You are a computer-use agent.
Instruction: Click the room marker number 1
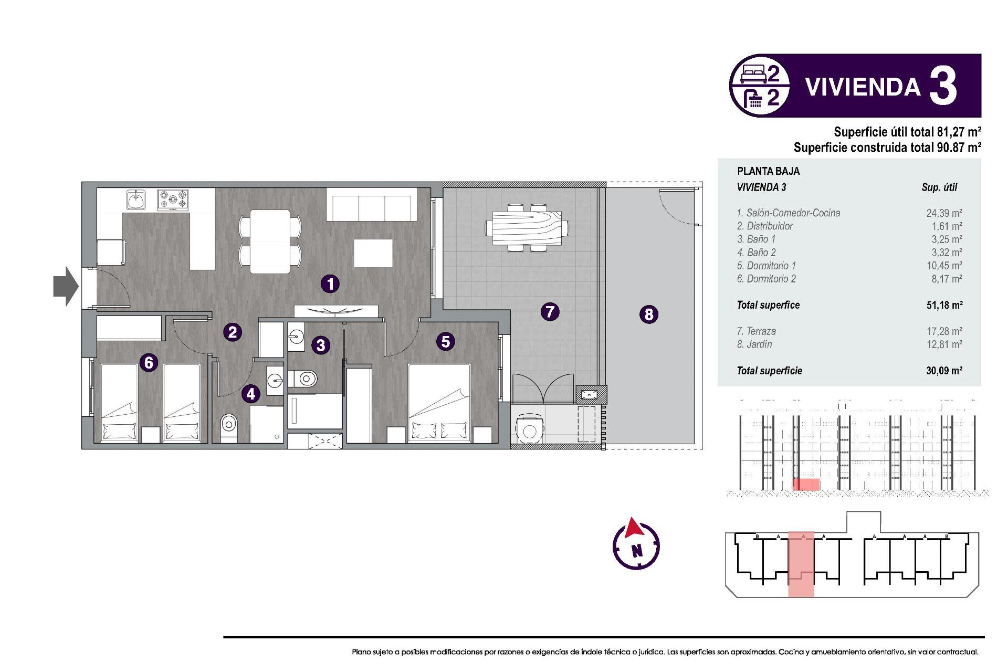pyautogui.click(x=330, y=284)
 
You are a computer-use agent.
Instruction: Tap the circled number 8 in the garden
pyautogui.click(x=649, y=314)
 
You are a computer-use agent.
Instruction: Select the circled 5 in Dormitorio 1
pyautogui.click(x=446, y=342)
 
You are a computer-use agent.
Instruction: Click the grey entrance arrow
pyautogui.click(x=66, y=286)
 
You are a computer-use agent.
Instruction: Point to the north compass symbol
pyautogui.click(x=636, y=545)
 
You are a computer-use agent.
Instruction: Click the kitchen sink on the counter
pyautogui.click(x=136, y=200)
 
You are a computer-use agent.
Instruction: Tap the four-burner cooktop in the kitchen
pyautogui.click(x=173, y=200)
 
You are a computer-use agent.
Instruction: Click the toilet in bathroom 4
pyautogui.click(x=228, y=424)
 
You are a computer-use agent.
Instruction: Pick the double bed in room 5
pyautogui.click(x=439, y=402)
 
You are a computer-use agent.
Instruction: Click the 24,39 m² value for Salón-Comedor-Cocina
pyautogui.click(x=943, y=213)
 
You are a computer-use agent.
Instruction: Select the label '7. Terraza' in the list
pyautogui.click(x=756, y=331)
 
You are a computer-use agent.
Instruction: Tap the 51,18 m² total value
pyautogui.click(x=943, y=305)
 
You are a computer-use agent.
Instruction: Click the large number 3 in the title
pyautogui.click(x=943, y=87)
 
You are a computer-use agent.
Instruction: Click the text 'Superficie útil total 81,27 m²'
pyautogui.click(x=907, y=132)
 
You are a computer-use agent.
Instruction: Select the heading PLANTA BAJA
pyautogui.click(x=768, y=171)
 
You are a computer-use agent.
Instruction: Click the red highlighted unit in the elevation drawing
pyautogui.click(x=806, y=484)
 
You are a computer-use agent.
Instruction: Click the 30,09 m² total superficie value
pyautogui.click(x=943, y=371)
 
